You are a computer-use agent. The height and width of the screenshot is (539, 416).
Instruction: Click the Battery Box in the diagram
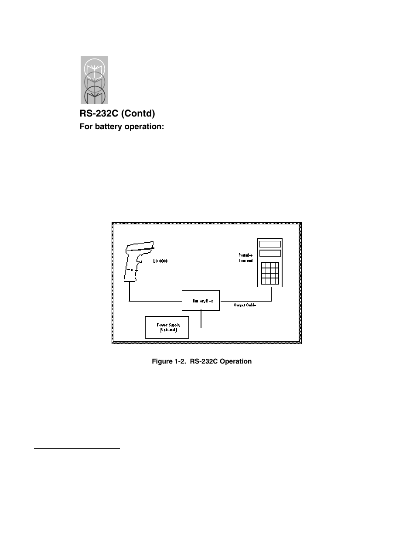(201, 300)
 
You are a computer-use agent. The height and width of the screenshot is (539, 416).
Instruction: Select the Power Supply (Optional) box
(167, 327)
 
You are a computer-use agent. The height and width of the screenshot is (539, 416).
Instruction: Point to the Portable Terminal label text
(245, 257)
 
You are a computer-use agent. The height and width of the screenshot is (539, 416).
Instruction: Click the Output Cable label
(245, 305)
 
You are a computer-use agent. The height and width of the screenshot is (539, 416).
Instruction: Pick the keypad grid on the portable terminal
(270, 273)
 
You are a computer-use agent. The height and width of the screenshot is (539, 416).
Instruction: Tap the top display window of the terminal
(270, 244)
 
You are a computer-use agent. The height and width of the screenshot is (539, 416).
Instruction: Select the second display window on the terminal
(270, 253)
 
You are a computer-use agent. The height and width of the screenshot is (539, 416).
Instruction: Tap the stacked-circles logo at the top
(94, 80)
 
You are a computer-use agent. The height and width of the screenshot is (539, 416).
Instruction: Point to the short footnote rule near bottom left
(77, 448)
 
